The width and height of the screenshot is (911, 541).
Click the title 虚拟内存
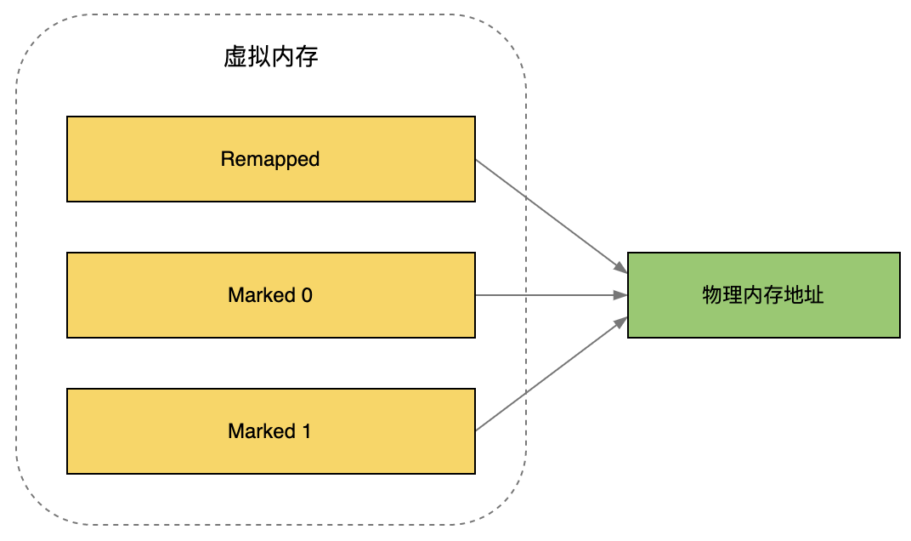click(270, 58)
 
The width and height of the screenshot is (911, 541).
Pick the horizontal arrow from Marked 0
click(544, 295)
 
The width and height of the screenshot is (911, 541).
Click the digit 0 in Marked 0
click(307, 295)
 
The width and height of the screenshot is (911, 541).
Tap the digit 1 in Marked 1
click(306, 431)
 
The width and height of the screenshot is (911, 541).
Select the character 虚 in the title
click(235, 58)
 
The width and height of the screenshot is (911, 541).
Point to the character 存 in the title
click(307, 58)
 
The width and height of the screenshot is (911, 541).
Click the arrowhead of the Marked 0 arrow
click(621, 295)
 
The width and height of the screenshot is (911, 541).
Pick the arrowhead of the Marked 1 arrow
click(620, 321)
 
